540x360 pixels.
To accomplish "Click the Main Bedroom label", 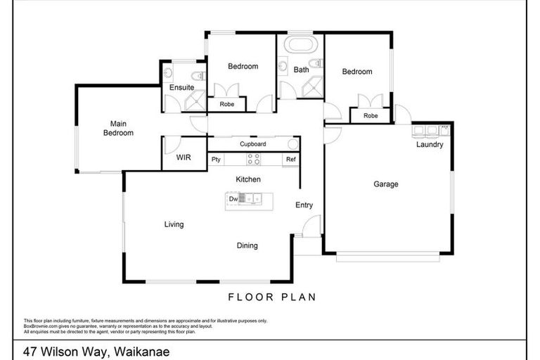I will (x=118, y=127).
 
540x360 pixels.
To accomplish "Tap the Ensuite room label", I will (x=181, y=87).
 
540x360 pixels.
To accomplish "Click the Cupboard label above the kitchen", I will (x=252, y=144).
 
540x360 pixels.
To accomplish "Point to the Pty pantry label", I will (x=217, y=160).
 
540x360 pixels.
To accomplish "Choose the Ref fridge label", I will (x=290, y=160).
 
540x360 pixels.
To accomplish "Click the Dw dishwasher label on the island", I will (x=233, y=200).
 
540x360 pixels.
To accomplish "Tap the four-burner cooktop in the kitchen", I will (x=253, y=160).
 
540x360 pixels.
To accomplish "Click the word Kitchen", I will (x=248, y=180).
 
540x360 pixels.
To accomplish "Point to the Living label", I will (x=174, y=225).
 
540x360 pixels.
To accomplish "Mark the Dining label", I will (x=247, y=246).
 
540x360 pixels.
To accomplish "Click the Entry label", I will (x=304, y=205).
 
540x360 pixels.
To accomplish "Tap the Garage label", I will (x=385, y=184).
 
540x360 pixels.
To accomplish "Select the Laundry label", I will (x=430, y=145).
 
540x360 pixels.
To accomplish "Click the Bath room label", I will (x=301, y=70).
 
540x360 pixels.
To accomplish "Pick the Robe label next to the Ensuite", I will (x=226, y=104).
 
